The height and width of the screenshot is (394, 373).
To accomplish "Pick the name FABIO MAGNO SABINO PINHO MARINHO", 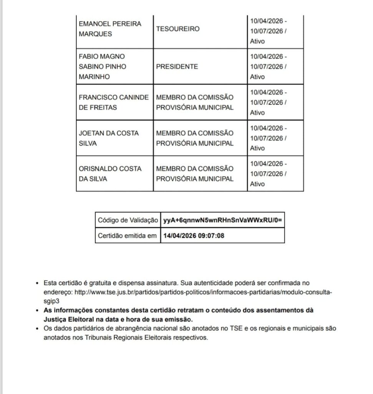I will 102,67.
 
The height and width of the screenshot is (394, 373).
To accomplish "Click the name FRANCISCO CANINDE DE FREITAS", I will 113,102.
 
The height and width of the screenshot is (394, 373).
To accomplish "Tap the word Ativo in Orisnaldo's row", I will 257,184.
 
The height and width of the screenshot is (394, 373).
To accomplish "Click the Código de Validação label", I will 128,220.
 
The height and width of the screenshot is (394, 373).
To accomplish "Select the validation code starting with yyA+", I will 223,220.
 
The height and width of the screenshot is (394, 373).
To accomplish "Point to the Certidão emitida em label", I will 128,235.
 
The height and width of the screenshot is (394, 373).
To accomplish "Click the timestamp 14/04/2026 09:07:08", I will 194,235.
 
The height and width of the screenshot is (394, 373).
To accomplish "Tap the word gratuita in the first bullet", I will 98,283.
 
